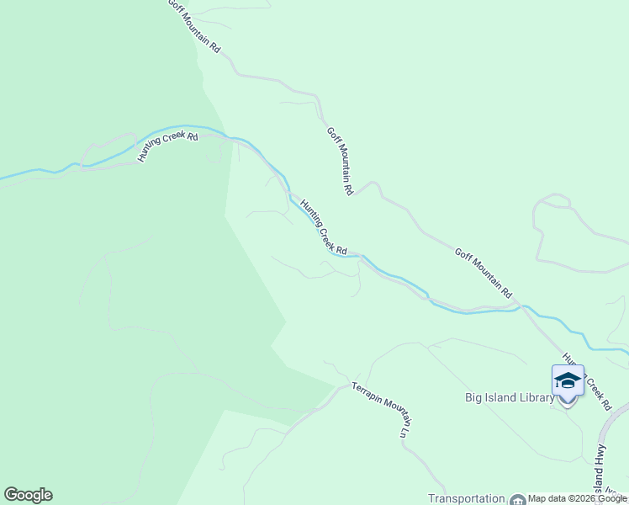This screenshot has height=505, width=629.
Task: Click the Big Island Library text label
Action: (509, 397)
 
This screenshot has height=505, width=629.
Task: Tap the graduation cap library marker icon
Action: (568, 381)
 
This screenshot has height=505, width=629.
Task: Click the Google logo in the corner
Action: (28, 495)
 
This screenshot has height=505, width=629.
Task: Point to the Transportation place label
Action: (467, 498)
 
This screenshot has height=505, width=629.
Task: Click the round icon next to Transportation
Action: (516, 499)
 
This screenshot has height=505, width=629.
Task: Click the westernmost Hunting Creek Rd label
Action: (168, 147)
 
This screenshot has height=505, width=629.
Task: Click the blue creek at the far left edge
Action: (8, 178)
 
